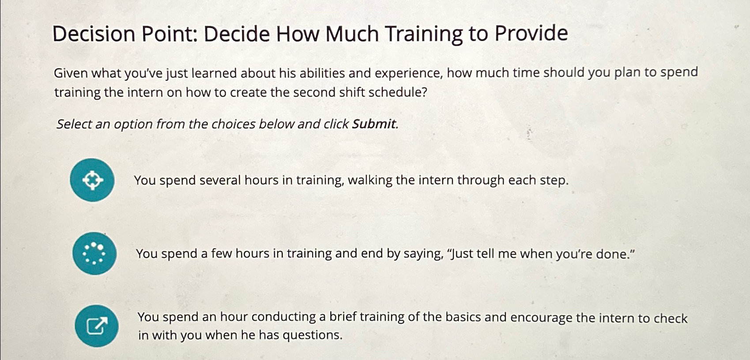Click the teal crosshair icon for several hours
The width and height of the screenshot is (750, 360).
(x=92, y=180)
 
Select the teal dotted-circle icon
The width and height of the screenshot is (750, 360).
(x=95, y=254)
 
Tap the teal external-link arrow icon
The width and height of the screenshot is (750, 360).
(x=97, y=326)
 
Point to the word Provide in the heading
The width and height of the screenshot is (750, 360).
(x=531, y=33)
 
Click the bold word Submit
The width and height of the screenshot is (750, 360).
(x=374, y=124)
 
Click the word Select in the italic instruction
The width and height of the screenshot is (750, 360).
(x=74, y=124)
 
